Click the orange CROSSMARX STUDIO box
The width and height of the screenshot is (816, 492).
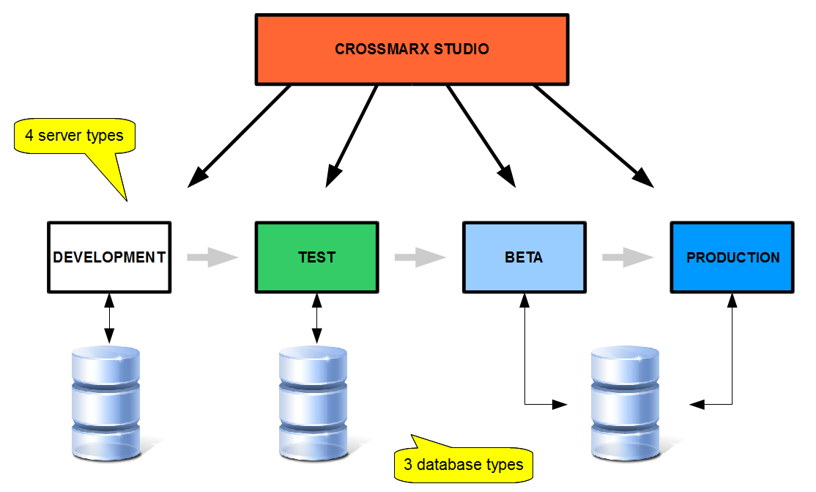(x=412, y=49)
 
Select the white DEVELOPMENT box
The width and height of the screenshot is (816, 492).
(x=109, y=257)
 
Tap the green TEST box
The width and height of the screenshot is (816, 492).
(x=316, y=257)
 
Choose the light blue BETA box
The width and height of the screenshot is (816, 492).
(x=524, y=257)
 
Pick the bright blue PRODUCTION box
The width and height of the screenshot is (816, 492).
(x=732, y=257)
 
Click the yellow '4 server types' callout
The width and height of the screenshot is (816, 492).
(x=75, y=137)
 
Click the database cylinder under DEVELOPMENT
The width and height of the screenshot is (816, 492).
(x=105, y=400)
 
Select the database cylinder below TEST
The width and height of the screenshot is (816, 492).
(x=313, y=400)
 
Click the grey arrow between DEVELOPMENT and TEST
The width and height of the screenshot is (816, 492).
(x=213, y=257)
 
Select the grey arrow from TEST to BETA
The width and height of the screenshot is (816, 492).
(x=420, y=257)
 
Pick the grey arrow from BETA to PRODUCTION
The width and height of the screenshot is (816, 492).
(x=628, y=257)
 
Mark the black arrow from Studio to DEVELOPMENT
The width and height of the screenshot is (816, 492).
(x=240, y=136)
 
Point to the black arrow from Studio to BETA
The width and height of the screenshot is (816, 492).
(x=479, y=133)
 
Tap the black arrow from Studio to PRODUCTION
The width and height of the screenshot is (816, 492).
(x=593, y=136)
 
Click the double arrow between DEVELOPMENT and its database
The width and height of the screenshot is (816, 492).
(x=109, y=317)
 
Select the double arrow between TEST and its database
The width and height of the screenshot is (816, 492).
(x=316, y=317)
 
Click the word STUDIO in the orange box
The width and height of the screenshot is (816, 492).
(x=461, y=50)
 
